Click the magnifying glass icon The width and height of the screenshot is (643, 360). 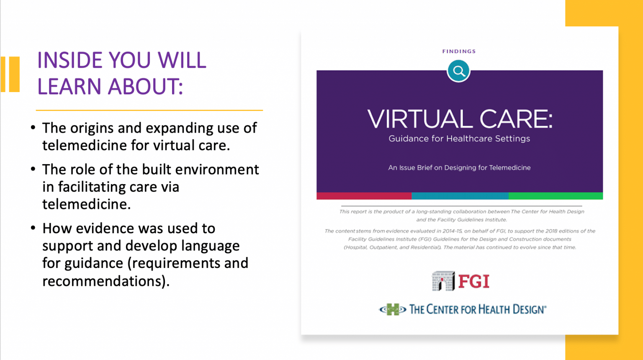tap(459, 71)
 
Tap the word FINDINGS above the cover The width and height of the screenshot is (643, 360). tap(459, 51)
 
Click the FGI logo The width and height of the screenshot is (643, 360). tap(460, 281)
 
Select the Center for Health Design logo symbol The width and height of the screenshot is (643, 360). tap(392, 309)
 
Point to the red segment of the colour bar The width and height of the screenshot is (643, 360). tap(364, 196)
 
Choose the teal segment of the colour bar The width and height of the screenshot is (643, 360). tap(460, 196)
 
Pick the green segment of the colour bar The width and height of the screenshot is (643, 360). tap(556, 196)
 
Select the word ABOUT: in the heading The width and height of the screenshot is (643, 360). tap(146, 87)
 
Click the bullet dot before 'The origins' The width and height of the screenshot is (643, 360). tap(33, 127)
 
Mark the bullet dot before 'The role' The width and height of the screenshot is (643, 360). tap(33, 169)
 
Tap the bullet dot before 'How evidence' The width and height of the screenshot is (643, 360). tap(33, 228)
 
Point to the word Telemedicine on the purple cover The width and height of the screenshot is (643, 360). tap(509, 167)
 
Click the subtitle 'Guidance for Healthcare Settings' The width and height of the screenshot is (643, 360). tap(459, 139)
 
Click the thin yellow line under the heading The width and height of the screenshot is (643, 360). tap(149, 110)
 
